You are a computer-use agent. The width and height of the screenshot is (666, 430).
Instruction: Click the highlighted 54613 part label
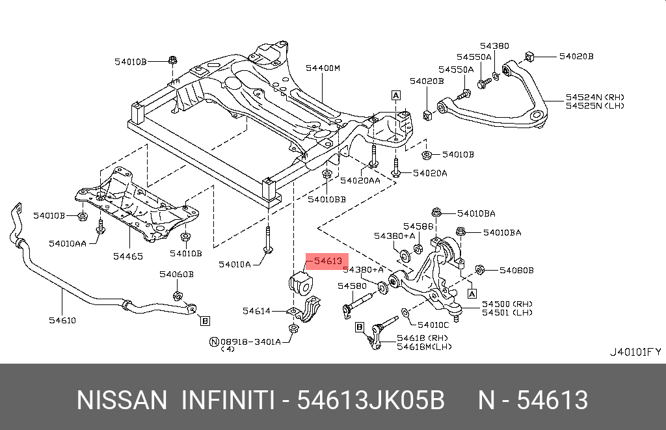click(x=328, y=261)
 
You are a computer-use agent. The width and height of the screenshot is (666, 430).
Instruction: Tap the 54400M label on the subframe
click(x=323, y=68)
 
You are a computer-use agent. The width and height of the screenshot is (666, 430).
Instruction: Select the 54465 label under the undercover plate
click(x=128, y=256)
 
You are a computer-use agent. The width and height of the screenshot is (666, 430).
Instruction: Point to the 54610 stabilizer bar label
click(x=62, y=320)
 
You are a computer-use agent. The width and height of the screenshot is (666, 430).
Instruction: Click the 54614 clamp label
click(x=256, y=311)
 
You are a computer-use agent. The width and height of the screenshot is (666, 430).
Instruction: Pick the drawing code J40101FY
click(x=635, y=352)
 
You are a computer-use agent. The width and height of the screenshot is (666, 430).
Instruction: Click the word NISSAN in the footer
click(x=122, y=400)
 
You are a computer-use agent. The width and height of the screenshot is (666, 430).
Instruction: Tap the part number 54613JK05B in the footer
click(x=371, y=400)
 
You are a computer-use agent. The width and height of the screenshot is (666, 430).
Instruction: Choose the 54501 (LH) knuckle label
click(x=507, y=312)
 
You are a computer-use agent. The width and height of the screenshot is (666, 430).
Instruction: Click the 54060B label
click(x=176, y=275)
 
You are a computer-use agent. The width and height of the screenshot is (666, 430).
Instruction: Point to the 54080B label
click(x=516, y=269)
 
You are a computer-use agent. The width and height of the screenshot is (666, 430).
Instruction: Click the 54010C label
click(x=433, y=324)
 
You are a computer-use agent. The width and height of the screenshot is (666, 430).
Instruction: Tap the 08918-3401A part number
click(x=250, y=341)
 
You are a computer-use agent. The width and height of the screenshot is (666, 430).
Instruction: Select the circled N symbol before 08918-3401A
click(x=213, y=341)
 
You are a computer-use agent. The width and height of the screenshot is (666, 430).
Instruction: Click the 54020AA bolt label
click(x=360, y=180)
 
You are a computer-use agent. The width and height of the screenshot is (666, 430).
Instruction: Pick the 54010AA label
click(x=68, y=243)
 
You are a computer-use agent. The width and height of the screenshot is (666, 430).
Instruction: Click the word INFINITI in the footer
click(x=226, y=400)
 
